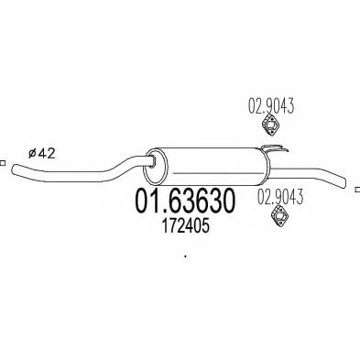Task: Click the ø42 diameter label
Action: point(41,153)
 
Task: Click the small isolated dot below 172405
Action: point(185,256)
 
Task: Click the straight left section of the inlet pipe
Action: point(46,171)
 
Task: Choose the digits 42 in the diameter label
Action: point(48,153)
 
